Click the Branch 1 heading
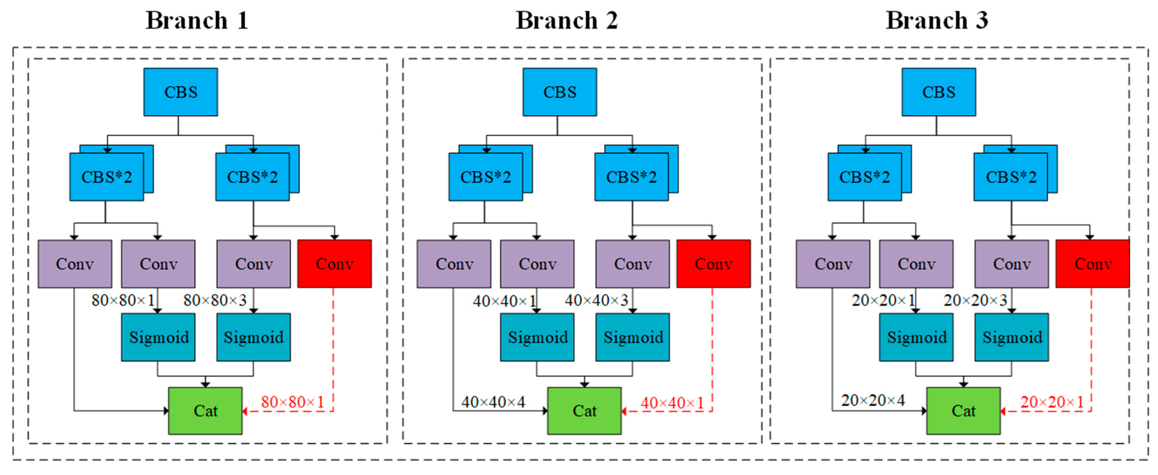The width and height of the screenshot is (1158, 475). point(197,21)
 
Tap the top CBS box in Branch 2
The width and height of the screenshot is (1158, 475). point(560,92)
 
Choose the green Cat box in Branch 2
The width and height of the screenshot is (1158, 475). point(584,411)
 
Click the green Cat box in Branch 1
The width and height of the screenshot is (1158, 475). point(205,411)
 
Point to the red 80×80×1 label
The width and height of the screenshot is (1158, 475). point(293,402)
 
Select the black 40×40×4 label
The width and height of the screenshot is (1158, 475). point(493,402)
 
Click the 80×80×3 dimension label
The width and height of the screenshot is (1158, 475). point(215,300)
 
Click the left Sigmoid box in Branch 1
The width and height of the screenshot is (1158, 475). point(158,337)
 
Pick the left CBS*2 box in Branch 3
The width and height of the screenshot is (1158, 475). point(865,177)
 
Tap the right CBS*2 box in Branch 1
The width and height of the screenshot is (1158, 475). point(253,177)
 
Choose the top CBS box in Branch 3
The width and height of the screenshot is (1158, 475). point(939,92)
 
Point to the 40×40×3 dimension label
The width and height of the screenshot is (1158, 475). point(596,300)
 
